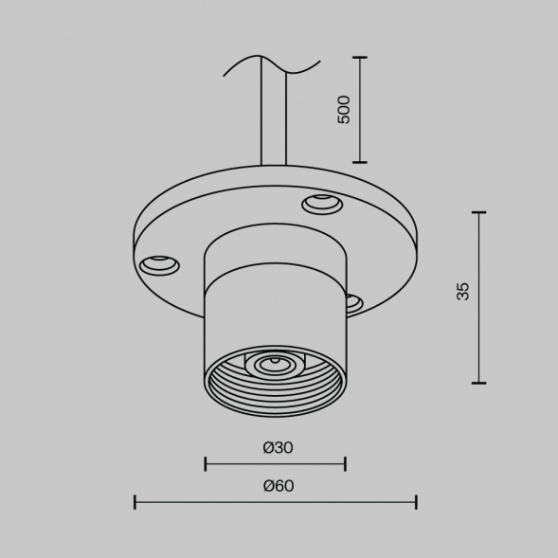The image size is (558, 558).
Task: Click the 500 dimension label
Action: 344,109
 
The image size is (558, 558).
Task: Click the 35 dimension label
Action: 462,291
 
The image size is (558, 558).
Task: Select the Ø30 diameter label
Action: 276,446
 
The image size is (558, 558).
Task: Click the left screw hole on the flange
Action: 159,264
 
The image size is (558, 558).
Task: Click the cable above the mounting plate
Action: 272,123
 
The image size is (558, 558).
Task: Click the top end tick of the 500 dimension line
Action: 360,58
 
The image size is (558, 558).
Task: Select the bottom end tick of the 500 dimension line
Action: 360,161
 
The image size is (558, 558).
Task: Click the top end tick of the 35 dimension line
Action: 478,212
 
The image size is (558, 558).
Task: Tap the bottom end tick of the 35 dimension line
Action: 478,383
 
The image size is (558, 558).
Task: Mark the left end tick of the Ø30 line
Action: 206,463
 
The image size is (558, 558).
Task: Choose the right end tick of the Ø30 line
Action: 345,463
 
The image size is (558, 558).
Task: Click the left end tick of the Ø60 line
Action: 135,502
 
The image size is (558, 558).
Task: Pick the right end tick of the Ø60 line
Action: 416,502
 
